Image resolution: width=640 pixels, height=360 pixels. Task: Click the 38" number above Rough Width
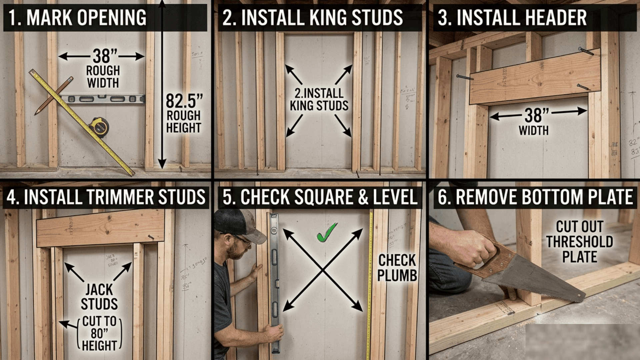pos(101,56)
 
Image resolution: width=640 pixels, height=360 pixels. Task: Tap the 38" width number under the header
pos(536,115)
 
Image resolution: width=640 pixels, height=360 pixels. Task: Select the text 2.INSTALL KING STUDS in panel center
pos(319,99)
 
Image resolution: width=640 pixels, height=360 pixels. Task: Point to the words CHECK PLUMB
pos(397,268)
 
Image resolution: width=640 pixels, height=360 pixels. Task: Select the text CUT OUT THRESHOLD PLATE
pos(579,242)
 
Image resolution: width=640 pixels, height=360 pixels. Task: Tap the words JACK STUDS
pos(99,297)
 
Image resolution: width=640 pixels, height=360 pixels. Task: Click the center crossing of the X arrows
pos(323,270)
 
